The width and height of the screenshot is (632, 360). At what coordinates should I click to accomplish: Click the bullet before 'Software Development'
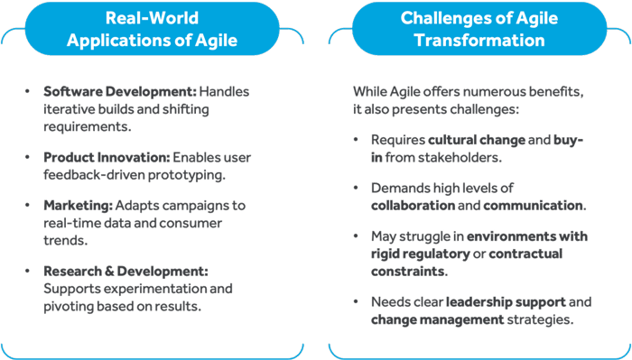tap(32, 93)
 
